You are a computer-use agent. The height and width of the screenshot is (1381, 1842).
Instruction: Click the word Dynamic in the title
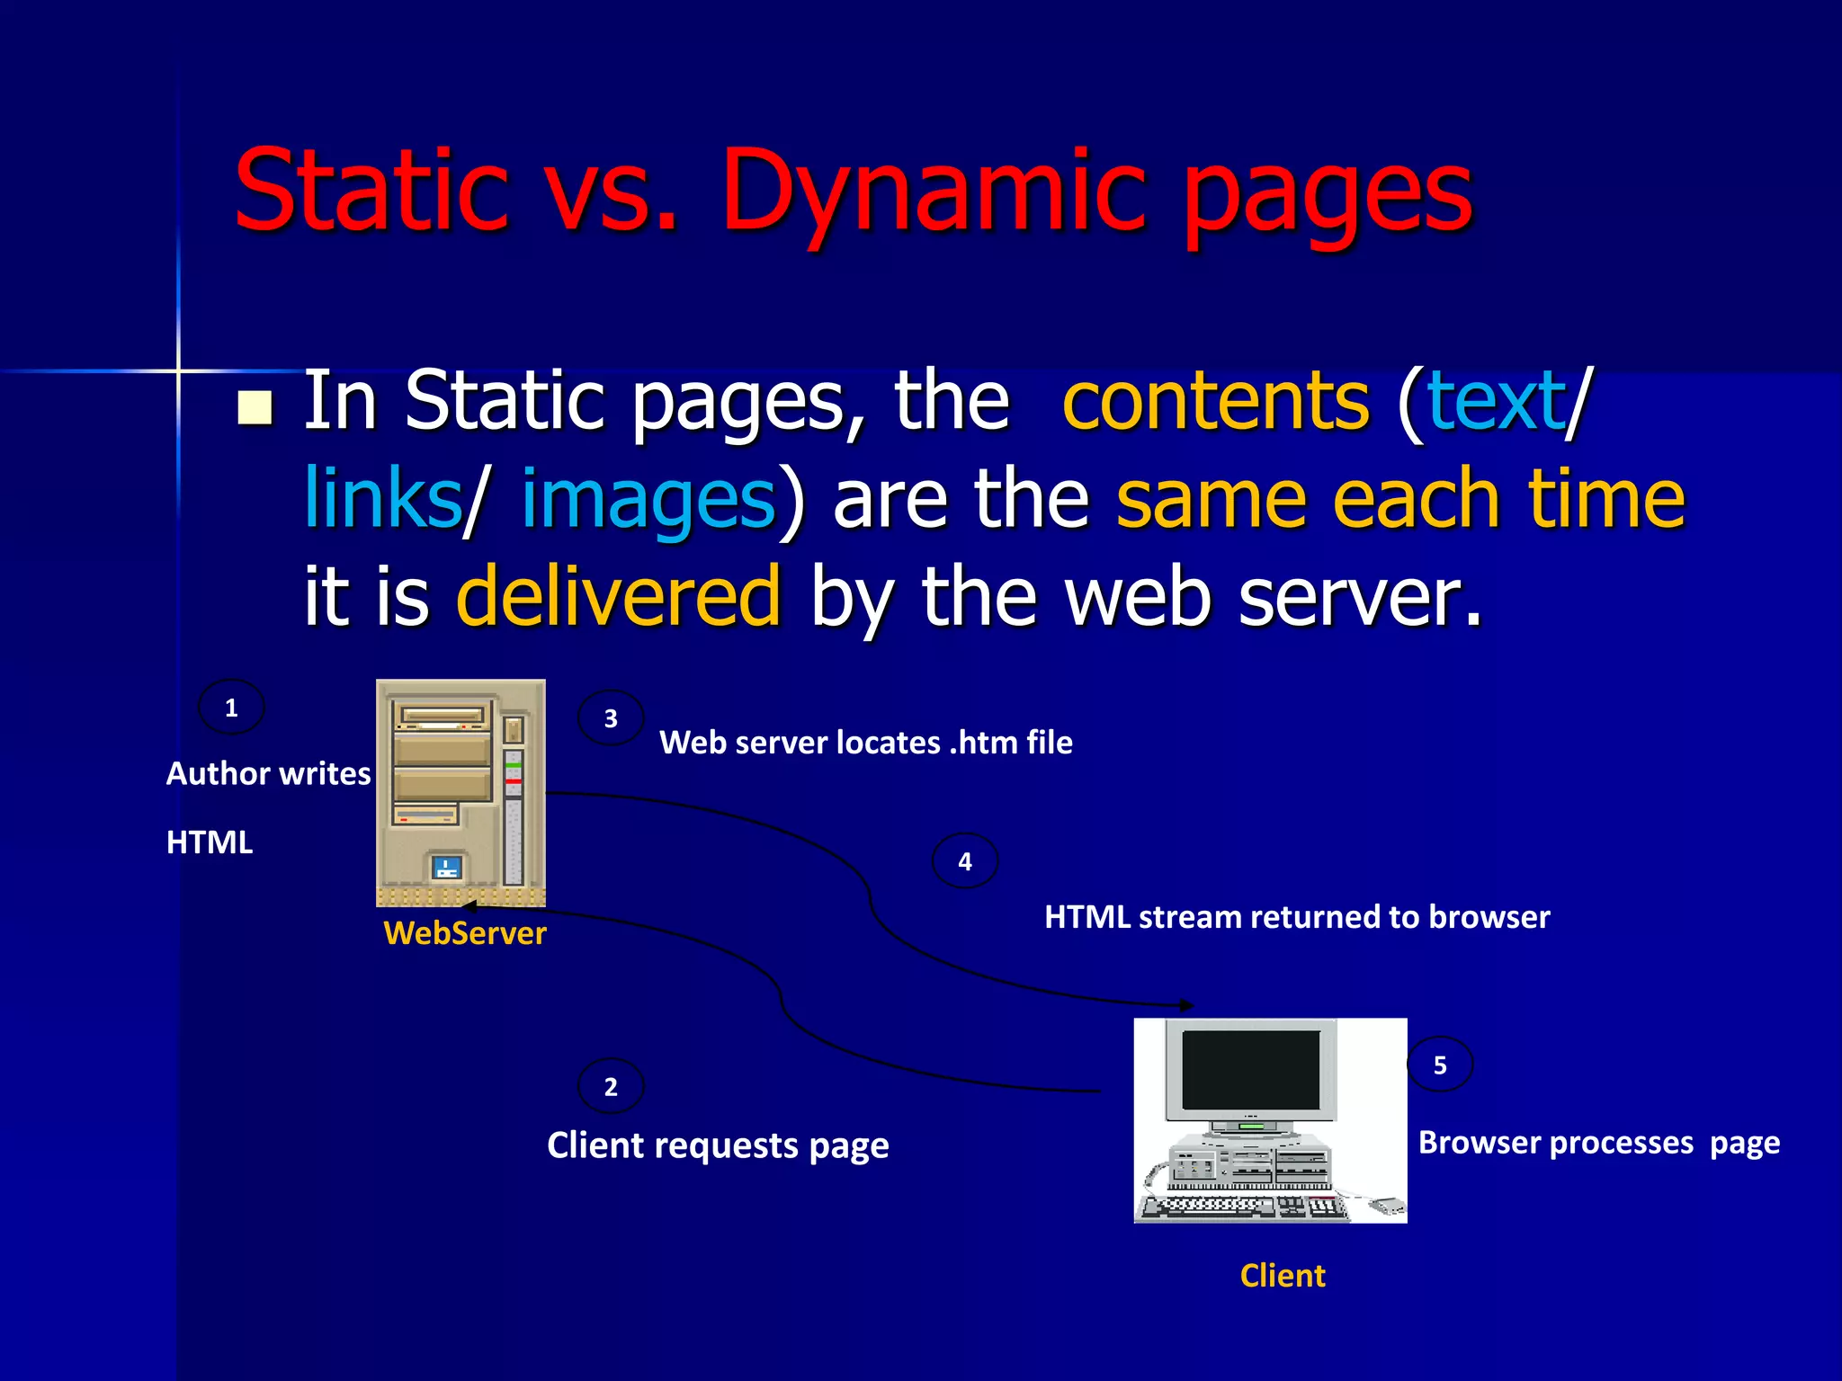coord(935,193)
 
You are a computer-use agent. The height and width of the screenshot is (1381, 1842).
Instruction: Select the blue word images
coord(648,499)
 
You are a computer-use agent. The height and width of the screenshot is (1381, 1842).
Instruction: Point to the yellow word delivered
coord(619,595)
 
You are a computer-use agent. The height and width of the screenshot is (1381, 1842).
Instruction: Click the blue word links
coord(382,499)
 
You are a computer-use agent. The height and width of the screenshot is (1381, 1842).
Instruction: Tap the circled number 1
coord(231,708)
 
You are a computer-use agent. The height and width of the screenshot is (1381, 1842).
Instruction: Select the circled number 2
coord(611,1087)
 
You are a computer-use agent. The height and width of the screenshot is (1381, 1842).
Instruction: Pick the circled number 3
coord(611,718)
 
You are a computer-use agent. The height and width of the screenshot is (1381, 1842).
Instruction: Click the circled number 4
coord(965,861)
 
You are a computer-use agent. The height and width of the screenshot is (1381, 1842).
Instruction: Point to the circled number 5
coord(1440,1065)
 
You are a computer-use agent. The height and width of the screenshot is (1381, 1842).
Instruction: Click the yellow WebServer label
coord(464,933)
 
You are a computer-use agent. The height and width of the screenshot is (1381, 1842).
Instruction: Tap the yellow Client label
coord(1283,1276)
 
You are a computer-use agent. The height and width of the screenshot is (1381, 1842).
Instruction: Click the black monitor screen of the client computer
coord(1250,1070)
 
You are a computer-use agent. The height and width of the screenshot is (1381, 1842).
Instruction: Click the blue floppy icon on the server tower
coord(447,867)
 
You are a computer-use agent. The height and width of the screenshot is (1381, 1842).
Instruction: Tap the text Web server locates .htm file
coord(865,743)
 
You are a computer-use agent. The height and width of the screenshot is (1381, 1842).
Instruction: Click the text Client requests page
coord(718,1145)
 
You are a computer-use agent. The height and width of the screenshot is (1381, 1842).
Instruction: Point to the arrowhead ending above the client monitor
coord(1189,1005)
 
